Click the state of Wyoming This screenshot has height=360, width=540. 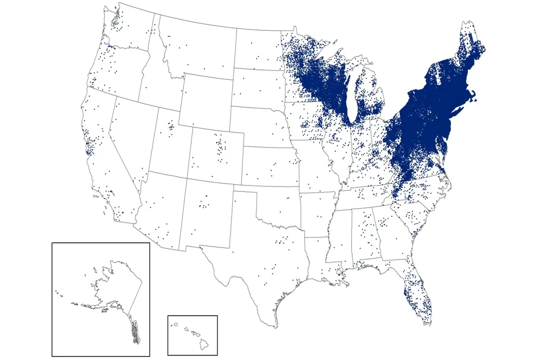205,102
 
